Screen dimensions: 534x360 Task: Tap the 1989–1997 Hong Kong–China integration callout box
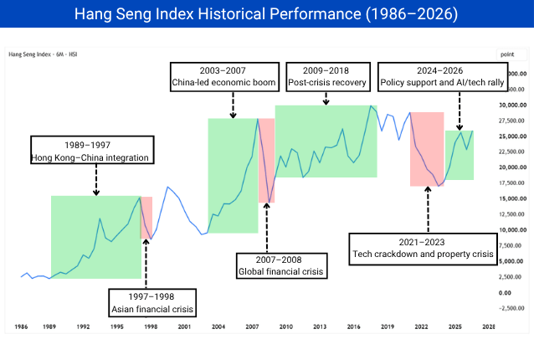point(92,150)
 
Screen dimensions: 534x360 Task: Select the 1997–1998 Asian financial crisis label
point(152,303)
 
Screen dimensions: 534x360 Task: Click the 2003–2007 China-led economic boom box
point(225,77)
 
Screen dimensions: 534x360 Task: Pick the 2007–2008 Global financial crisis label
point(281,265)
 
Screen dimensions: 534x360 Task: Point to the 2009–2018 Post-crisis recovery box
point(328,77)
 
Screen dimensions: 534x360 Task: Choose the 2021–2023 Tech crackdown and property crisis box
point(423,249)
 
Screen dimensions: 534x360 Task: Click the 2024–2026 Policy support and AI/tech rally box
point(443,77)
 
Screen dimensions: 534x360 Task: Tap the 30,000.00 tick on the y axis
point(512,105)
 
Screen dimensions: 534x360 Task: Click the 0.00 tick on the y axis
point(505,292)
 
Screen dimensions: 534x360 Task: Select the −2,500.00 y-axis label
point(511,308)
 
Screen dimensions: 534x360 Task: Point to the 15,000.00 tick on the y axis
point(512,198)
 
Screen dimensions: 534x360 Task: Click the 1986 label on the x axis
point(21,327)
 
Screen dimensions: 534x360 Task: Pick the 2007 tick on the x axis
point(252,327)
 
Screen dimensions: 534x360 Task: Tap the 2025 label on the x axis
point(455,327)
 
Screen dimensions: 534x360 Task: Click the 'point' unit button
point(511,54)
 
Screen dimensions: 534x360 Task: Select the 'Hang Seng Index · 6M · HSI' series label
point(43,54)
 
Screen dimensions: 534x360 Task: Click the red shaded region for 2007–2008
point(266,161)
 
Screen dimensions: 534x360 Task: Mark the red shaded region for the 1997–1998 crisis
point(146,218)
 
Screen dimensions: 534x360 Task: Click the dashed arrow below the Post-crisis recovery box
point(326,98)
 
